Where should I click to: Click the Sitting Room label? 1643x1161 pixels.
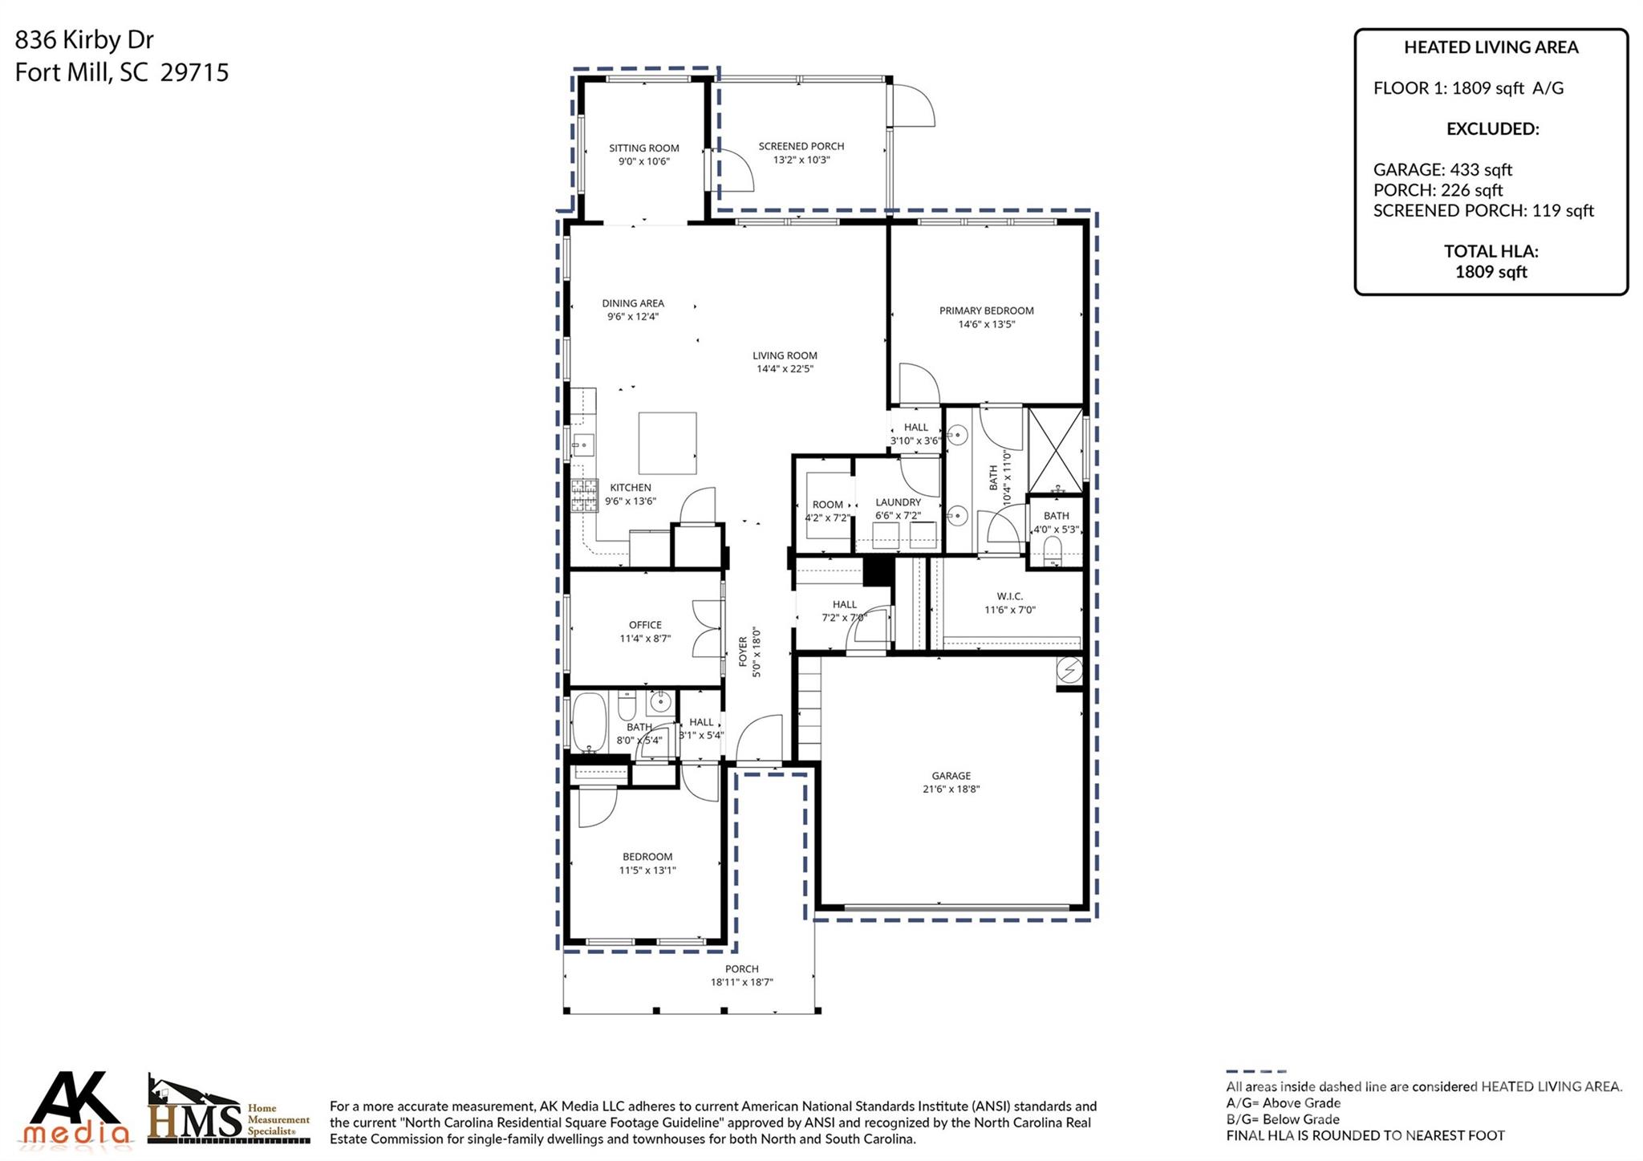coord(643,148)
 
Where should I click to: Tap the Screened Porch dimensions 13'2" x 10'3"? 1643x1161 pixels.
coord(801,160)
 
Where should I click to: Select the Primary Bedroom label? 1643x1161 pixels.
coord(986,311)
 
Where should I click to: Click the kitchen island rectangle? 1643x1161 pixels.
coord(667,443)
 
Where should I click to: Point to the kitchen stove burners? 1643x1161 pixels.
coord(584,494)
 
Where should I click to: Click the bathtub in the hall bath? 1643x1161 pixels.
coord(588,721)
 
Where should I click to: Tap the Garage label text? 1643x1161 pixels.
coord(951,775)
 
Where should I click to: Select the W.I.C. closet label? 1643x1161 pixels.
coord(1009,596)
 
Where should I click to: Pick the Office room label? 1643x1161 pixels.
coord(645,624)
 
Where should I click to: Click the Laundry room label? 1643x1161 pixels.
coord(898,502)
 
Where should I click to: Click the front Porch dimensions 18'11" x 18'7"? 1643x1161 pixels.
coord(741,982)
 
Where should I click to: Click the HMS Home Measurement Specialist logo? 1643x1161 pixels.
coord(229,1111)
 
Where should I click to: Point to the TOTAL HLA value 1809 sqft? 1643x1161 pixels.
coord(1491,271)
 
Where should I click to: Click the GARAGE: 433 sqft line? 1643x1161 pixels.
coord(1442,169)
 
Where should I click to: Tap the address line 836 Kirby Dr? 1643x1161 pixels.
coord(84,40)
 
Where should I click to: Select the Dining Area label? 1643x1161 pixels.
coord(633,303)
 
